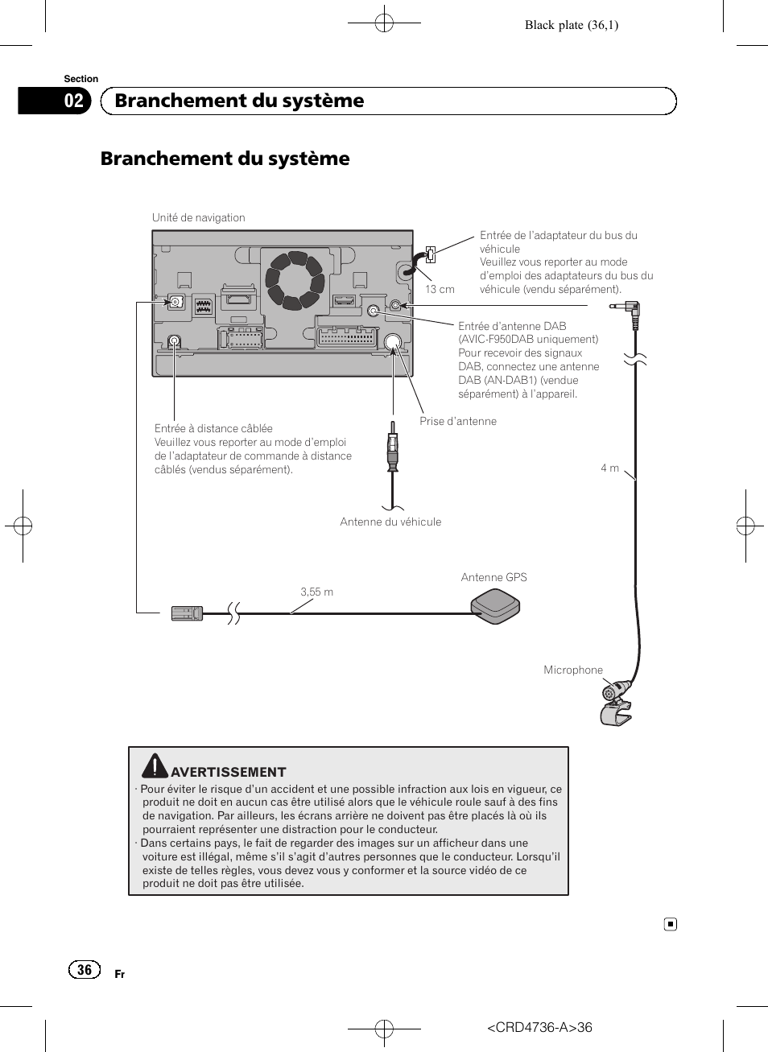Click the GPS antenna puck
(x=495, y=605)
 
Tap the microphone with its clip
(x=616, y=703)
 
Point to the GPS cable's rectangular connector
(x=187, y=613)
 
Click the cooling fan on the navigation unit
(x=295, y=280)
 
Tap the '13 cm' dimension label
(x=440, y=290)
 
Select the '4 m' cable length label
(x=609, y=468)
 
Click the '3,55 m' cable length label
(x=316, y=592)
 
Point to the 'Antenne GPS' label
(x=493, y=577)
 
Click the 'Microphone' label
(x=572, y=670)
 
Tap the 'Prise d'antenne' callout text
(x=457, y=421)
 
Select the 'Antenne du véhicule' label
(x=390, y=522)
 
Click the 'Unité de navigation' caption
(x=198, y=217)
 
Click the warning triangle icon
(x=155, y=765)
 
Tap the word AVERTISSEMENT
(x=229, y=772)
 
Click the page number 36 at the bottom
(x=85, y=970)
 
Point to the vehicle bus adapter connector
(x=430, y=255)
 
